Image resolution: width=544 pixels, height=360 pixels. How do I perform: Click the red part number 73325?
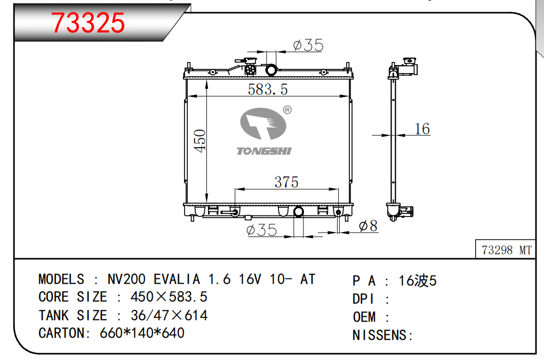click(88, 22)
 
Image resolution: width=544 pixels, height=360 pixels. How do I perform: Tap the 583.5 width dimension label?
click(268, 89)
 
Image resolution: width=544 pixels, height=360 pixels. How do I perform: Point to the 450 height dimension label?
click(200, 141)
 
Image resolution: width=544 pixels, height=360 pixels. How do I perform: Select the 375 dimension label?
click(286, 182)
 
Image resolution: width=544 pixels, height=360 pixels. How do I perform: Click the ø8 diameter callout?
click(368, 226)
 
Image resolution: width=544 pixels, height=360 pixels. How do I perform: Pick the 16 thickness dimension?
click(422, 129)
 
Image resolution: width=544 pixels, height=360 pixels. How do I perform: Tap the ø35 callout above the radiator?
click(308, 45)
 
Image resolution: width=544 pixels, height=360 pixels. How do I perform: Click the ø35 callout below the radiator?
click(261, 230)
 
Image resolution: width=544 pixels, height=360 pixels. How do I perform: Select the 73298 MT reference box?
click(506, 250)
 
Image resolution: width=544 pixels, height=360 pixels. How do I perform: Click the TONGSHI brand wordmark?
click(264, 151)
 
